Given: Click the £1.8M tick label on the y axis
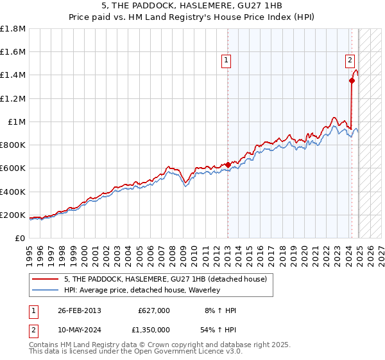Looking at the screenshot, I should (13, 29).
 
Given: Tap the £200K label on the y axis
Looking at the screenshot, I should (13, 215).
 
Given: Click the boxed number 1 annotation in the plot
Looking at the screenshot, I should (227, 61).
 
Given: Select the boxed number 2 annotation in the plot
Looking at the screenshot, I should (350, 61).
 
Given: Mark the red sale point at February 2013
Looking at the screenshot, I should (228, 165).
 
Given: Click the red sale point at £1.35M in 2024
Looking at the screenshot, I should (352, 81).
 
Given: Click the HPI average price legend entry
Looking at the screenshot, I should (142, 290).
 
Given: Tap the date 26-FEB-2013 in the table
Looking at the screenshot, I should (80, 310).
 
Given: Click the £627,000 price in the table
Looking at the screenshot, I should (154, 310).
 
